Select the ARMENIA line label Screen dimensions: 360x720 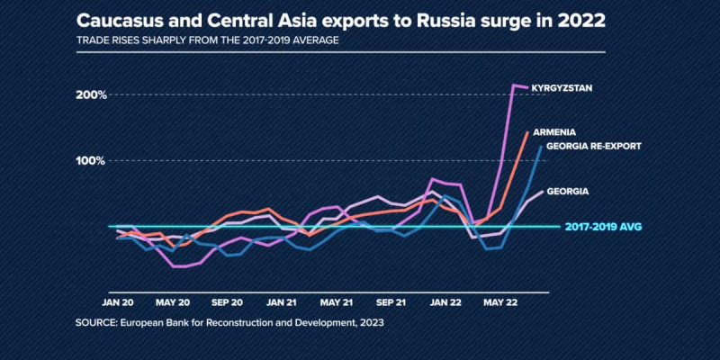[x=554, y=130]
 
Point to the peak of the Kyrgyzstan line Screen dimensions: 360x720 [x=514, y=85]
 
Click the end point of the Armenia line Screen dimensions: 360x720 [x=527, y=132]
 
